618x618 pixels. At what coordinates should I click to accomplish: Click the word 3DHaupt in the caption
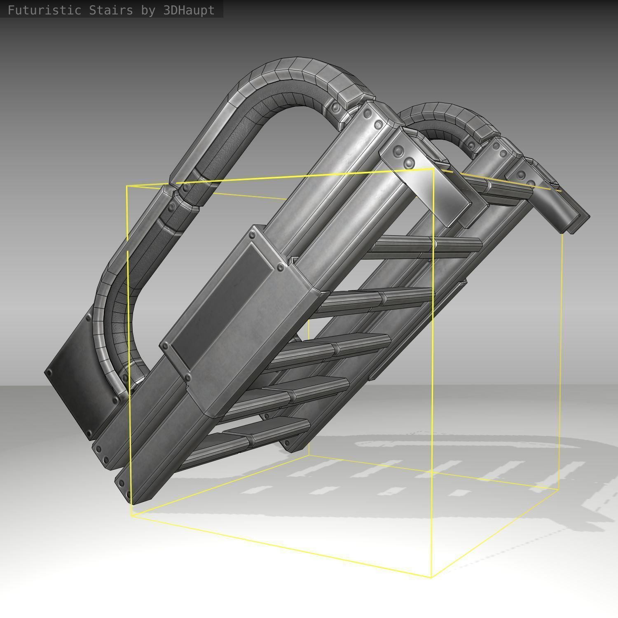tap(189, 10)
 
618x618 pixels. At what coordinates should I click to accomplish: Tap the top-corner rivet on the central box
tap(252, 235)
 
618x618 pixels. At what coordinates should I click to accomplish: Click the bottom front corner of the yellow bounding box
tap(431, 577)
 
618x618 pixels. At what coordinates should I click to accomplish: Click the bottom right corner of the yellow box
tap(558, 490)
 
